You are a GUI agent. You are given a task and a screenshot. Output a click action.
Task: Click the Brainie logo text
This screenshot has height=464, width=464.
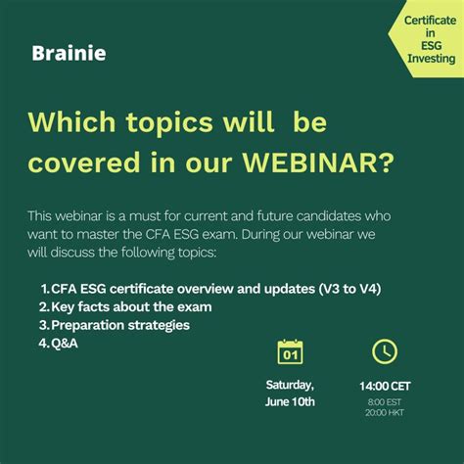[68, 53]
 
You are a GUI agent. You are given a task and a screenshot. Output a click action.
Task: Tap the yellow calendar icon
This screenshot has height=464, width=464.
[290, 351]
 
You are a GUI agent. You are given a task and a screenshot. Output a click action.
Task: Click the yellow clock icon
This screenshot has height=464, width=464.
[385, 351]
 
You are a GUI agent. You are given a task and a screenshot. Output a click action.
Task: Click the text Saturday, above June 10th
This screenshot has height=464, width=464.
[290, 384]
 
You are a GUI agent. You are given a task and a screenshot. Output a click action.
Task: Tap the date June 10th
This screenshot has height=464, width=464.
[290, 401]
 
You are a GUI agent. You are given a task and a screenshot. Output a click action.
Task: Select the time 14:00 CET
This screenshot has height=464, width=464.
[385, 385]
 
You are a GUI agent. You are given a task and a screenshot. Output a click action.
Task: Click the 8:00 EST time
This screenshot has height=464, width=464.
[385, 400]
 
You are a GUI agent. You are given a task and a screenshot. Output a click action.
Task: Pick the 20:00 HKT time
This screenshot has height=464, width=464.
[385, 412]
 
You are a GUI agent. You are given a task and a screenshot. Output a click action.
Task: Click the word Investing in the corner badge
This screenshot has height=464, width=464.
[417, 59]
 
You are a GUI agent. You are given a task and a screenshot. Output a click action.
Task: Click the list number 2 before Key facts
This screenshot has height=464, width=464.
[44, 307]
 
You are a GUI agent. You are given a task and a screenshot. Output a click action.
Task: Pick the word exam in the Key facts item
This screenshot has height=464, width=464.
[194, 307]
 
